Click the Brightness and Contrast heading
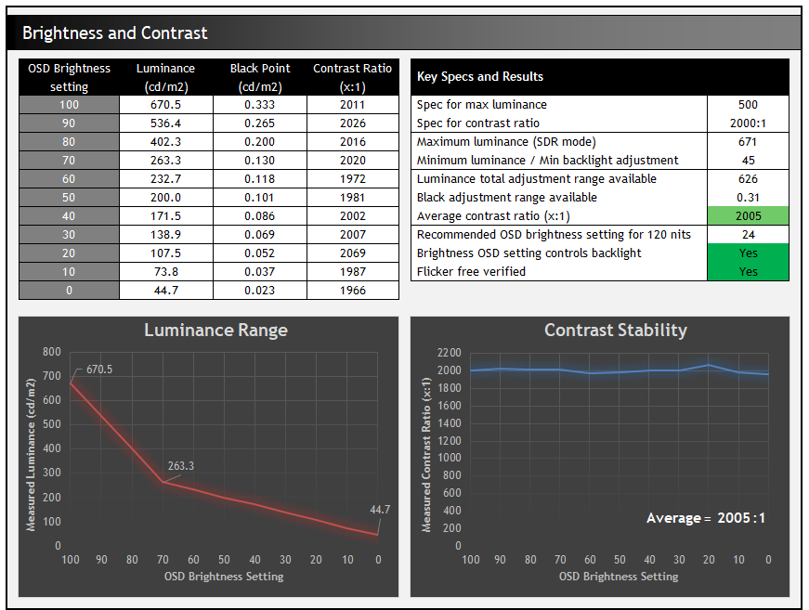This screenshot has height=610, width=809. [115, 33]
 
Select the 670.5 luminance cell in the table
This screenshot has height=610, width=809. [165, 105]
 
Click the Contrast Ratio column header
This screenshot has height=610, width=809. [352, 77]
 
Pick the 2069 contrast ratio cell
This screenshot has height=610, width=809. [352, 253]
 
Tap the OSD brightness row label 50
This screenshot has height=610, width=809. [69, 198]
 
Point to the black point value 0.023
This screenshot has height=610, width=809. [259, 291]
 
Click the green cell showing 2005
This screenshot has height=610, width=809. [748, 216]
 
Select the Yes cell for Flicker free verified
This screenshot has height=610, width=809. [748, 272]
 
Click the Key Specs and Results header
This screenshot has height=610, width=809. [480, 77]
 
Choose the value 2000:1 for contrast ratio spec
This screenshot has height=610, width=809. [748, 123]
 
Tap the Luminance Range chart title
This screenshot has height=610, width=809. [215, 331]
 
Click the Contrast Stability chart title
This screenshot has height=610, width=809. [616, 331]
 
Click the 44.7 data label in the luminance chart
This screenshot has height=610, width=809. [379, 509]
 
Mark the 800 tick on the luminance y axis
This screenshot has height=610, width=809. [52, 353]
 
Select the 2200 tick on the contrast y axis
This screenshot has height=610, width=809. [449, 353]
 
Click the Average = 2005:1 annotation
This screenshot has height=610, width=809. [706, 518]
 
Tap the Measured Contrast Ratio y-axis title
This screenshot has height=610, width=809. [426, 455]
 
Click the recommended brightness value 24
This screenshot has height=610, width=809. [748, 235]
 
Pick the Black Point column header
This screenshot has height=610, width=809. [259, 77]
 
